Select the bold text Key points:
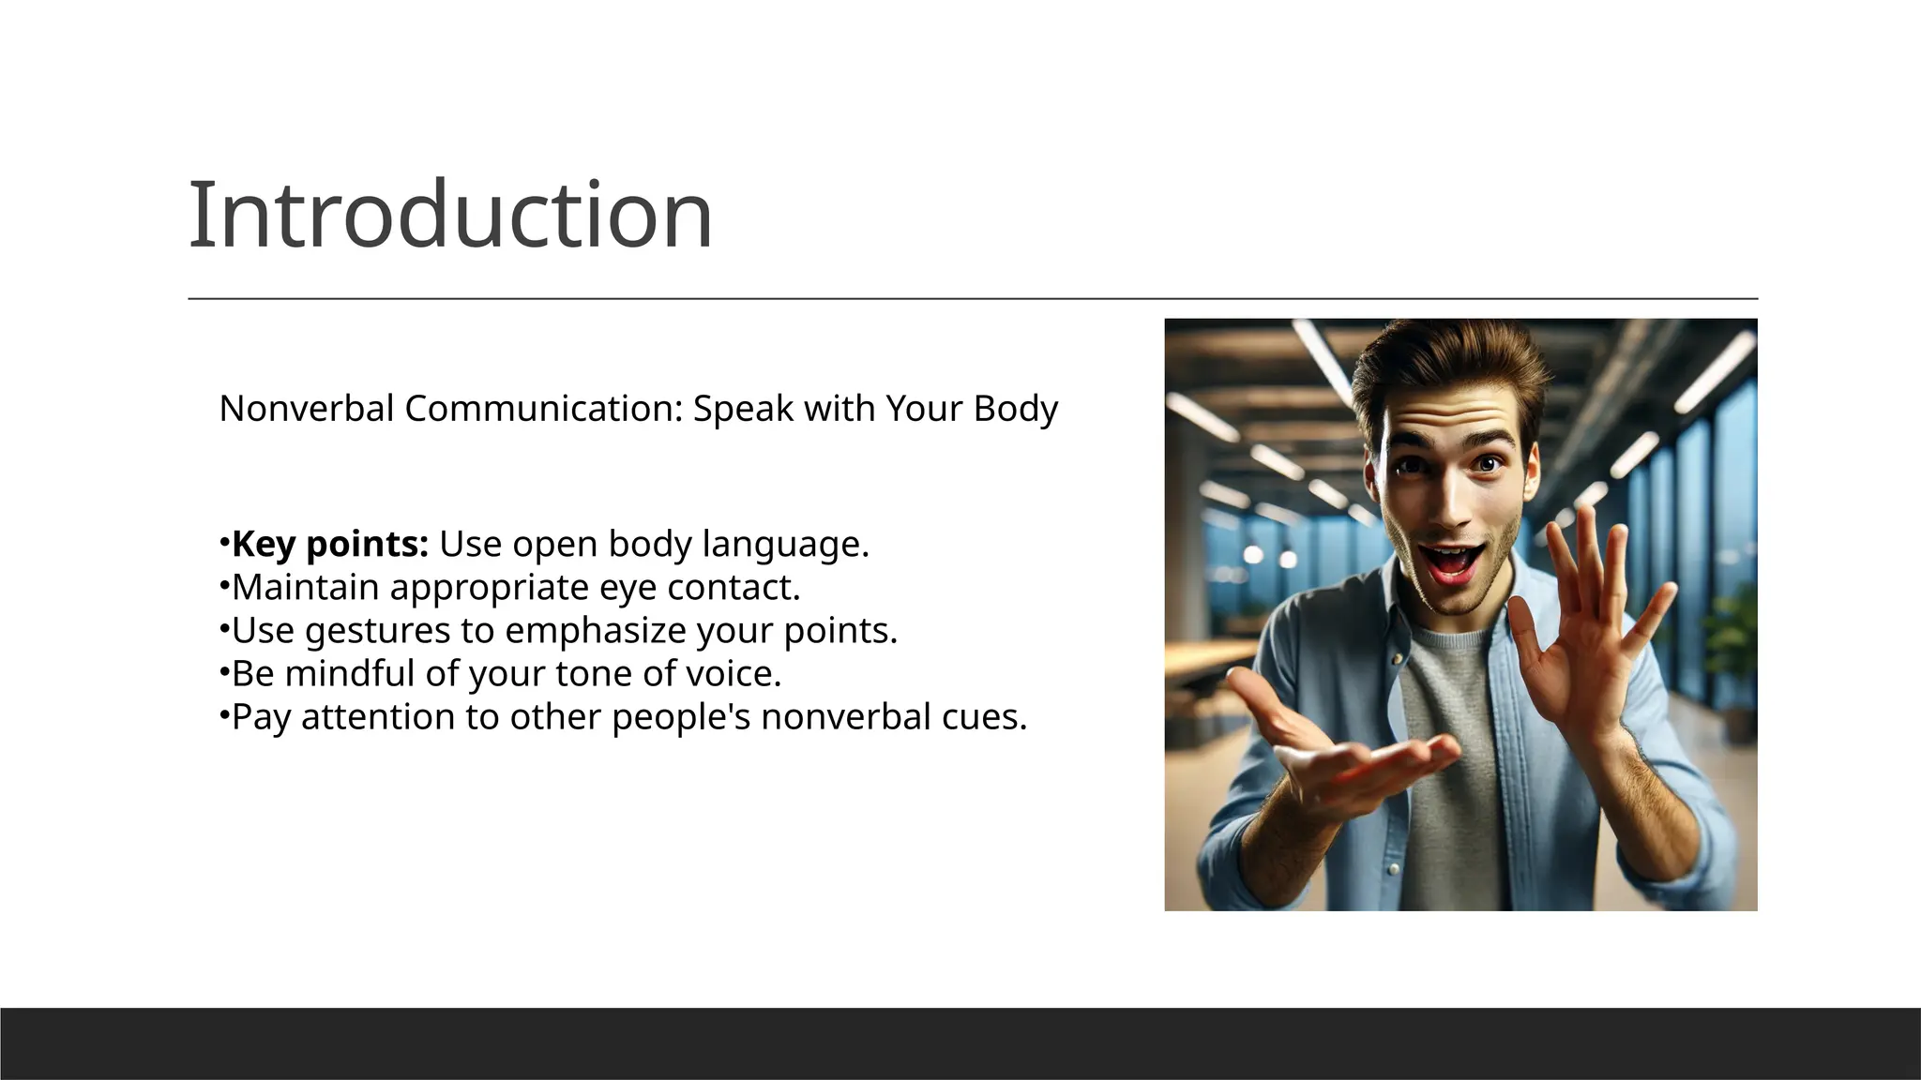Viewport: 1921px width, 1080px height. (x=330, y=544)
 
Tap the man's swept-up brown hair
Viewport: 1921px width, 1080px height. (x=1445, y=370)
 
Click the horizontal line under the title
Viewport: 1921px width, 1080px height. (x=973, y=299)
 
